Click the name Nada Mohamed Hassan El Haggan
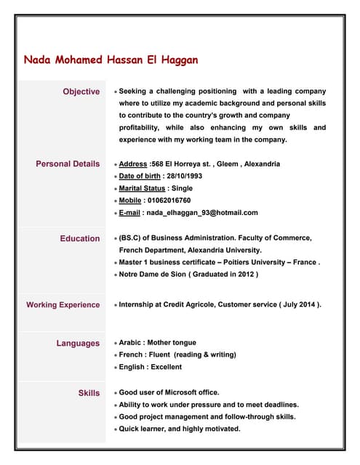click(x=111, y=60)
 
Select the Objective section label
click(x=81, y=92)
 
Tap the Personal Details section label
click(x=68, y=164)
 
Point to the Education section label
click(x=80, y=238)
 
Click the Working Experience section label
click(x=63, y=305)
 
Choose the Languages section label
click(x=78, y=343)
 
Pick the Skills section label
click(x=89, y=393)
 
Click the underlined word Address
click(x=133, y=164)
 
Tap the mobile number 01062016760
click(x=169, y=200)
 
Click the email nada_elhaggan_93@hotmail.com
click(x=202, y=212)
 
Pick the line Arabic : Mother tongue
click(x=157, y=342)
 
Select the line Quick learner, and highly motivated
click(x=179, y=429)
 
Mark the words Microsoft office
click(x=187, y=392)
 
